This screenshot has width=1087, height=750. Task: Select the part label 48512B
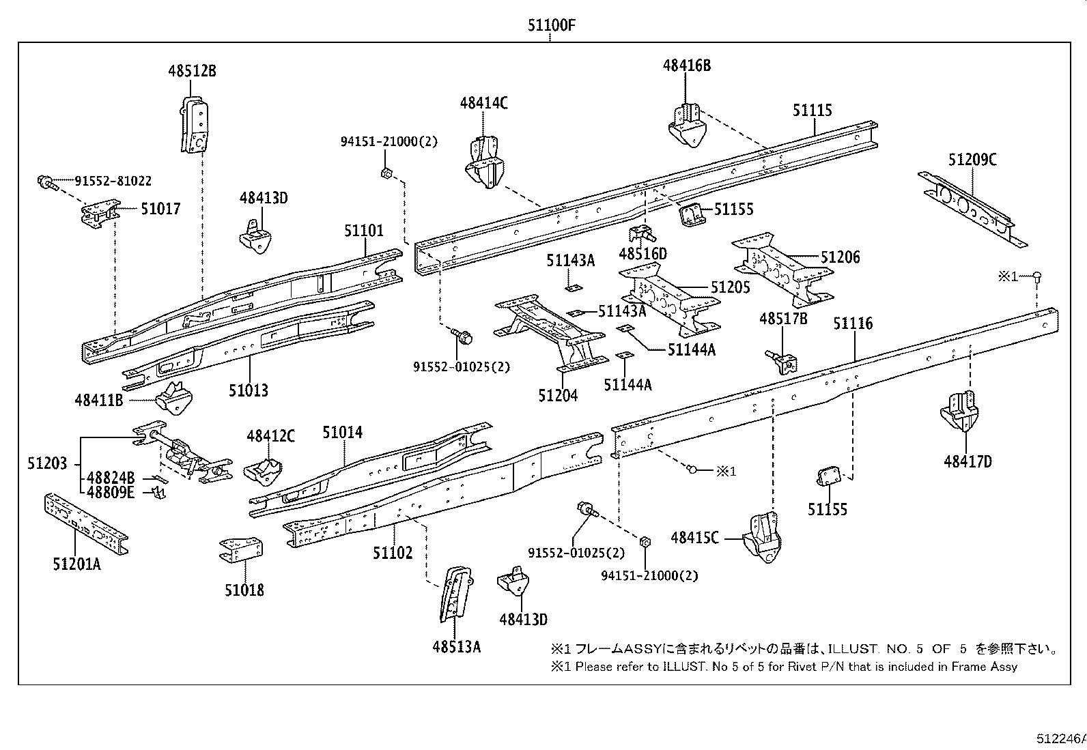click(192, 70)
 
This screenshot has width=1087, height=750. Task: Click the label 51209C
click(972, 160)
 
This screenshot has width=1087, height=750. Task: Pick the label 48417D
click(968, 461)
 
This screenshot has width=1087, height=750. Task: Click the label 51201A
click(76, 564)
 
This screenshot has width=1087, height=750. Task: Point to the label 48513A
click(456, 646)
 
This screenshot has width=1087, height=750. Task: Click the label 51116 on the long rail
click(852, 323)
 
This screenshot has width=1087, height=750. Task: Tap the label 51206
click(840, 257)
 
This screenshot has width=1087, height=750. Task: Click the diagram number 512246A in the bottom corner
click(1060, 738)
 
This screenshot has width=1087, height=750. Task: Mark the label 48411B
click(99, 400)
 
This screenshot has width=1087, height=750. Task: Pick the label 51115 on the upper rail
click(813, 110)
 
